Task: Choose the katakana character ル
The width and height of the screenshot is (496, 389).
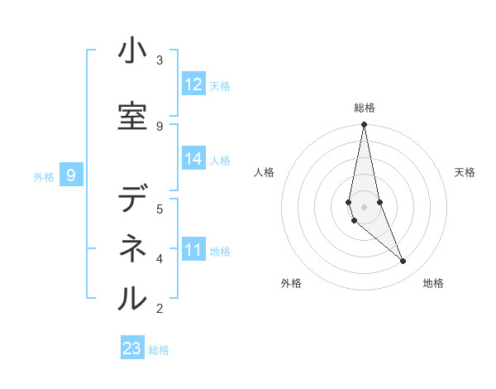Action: pyautogui.click(x=132, y=297)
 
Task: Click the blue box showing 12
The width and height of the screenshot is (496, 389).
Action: pyautogui.click(x=193, y=84)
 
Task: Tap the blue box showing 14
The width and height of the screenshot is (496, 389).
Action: pyautogui.click(x=193, y=159)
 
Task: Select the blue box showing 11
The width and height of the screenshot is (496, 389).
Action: pyautogui.click(x=193, y=250)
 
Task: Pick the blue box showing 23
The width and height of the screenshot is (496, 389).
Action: pyautogui.click(x=132, y=348)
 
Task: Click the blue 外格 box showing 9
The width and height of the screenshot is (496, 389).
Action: pyautogui.click(x=71, y=175)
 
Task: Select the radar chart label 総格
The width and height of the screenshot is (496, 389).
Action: pyautogui.click(x=365, y=108)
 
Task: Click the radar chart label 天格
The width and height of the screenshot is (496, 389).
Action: pyautogui.click(x=465, y=172)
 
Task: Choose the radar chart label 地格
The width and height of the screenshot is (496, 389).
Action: pyautogui.click(x=433, y=283)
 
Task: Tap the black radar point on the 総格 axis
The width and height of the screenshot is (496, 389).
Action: pyautogui.click(x=364, y=125)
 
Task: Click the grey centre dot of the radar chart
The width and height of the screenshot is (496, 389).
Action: pyautogui.click(x=364, y=206)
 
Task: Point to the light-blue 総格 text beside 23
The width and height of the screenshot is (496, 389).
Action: pyautogui.click(x=159, y=350)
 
